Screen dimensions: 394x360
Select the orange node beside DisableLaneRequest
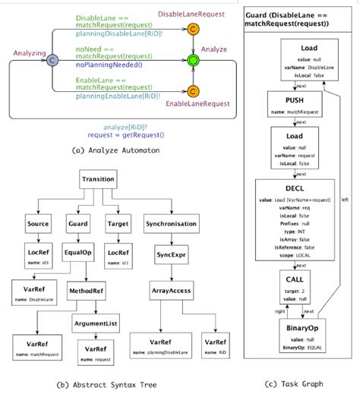pyautogui.click(x=194, y=28)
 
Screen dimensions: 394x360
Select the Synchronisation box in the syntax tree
pyautogui.click(x=172, y=225)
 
